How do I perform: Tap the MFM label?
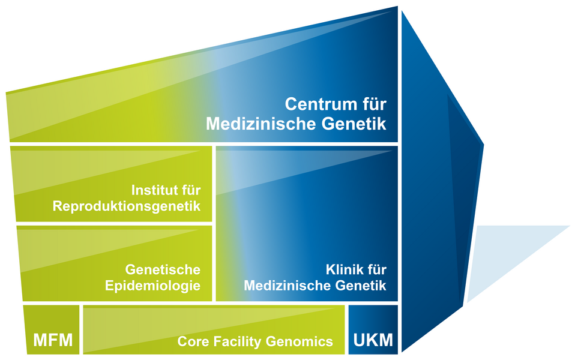(x=53, y=341)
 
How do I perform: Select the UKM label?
(x=373, y=341)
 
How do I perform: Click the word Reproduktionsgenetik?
(x=127, y=207)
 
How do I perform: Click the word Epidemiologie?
(x=152, y=286)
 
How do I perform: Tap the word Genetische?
(x=163, y=269)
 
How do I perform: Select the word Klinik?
(x=340, y=269)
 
